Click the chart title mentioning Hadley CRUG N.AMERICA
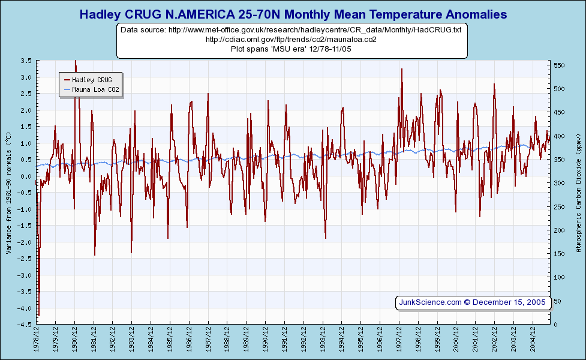[293, 14]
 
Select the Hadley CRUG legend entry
[91, 79]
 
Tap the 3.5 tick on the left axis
[26, 61]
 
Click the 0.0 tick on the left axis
[26, 176]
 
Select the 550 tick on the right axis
[559, 65]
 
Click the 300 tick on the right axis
[559, 183]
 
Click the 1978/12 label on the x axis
[37, 340]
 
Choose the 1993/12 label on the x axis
[323, 340]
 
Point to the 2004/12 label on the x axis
[533, 340]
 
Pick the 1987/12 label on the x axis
[209, 340]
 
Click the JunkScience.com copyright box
[473, 302]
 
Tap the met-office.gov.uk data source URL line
[292, 29]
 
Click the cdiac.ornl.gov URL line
[292, 39]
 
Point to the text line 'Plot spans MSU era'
[292, 49]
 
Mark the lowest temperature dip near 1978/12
[38, 315]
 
